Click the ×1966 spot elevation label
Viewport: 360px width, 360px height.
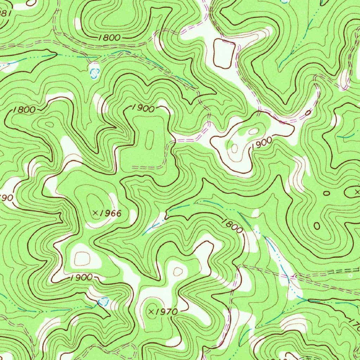[107, 213]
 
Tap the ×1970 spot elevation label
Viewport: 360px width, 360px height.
[163, 311]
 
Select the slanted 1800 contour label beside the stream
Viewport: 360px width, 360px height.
[232, 225]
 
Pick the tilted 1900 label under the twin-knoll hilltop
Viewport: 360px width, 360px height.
[262, 143]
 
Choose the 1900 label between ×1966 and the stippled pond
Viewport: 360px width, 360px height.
[81, 277]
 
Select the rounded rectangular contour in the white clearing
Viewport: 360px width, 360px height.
[224, 53]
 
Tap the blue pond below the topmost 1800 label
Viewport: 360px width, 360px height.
[94, 72]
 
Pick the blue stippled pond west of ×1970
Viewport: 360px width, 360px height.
[103, 301]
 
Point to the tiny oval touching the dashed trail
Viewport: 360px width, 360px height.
[309, 113]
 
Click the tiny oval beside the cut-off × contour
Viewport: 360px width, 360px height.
[327, 193]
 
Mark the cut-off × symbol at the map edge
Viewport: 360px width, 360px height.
[357, 192]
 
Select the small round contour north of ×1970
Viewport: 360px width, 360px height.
[178, 271]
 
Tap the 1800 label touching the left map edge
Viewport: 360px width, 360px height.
[24, 110]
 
